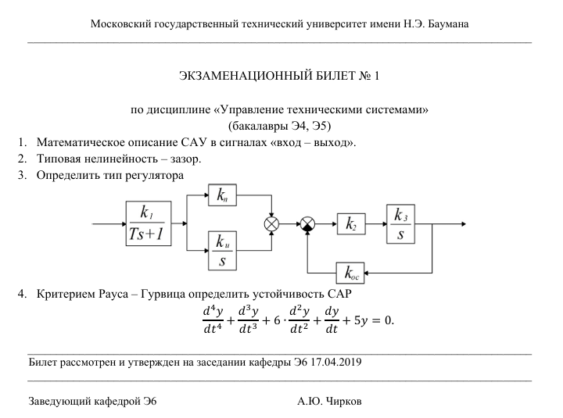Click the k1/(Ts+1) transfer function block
(x=149, y=223)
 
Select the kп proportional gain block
(x=222, y=195)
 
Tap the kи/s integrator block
(x=222, y=251)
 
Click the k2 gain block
(x=351, y=224)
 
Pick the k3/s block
(x=400, y=224)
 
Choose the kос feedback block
(x=350, y=273)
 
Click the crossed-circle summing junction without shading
(x=271, y=224)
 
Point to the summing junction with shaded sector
(x=307, y=224)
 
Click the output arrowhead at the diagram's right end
(x=464, y=224)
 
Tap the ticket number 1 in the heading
(x=376, y=76)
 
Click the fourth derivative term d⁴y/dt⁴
(x=213, y=320)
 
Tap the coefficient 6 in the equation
(x=277, y=320)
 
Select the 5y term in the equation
(x=360, y=321)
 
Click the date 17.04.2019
(x=336, y=362)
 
